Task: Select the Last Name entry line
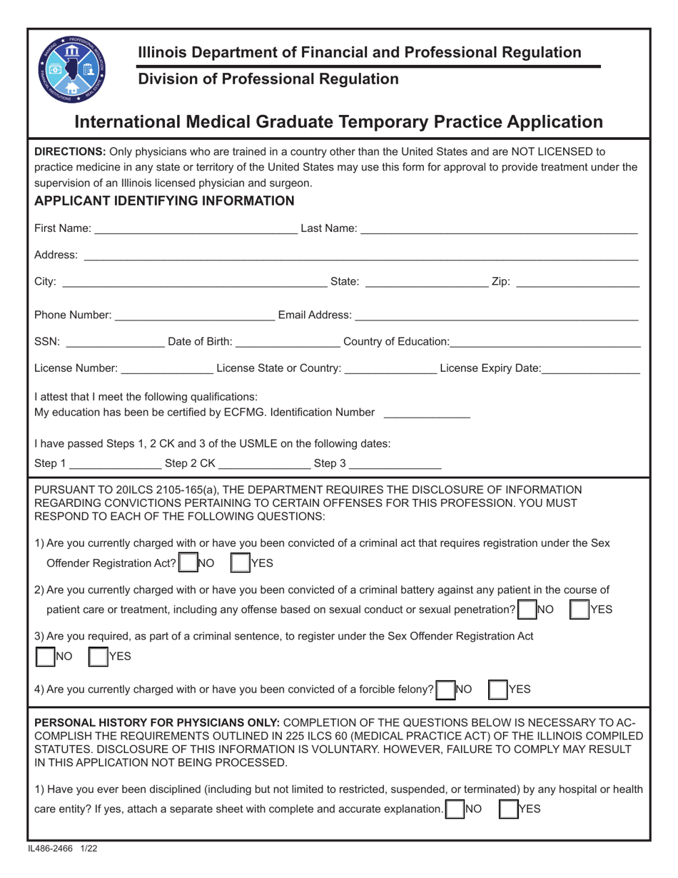[x=498, y=228]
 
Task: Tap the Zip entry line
[x=577, y=283]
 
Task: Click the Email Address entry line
[x=495, y=315]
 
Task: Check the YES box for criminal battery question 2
[x=579, y=609]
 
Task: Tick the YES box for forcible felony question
[x=497, y=689]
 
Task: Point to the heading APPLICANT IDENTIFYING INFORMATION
[x=164, y=201]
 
